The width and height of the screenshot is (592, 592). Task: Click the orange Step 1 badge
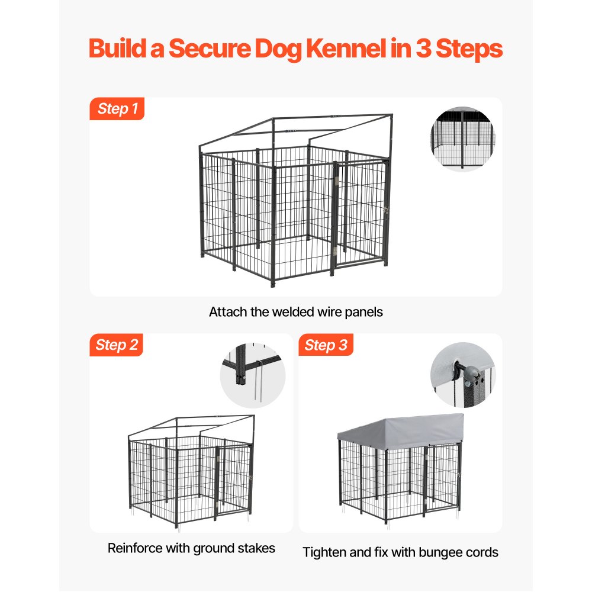[x=117, y=109]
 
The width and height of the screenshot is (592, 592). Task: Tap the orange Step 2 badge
[x=117, y=345]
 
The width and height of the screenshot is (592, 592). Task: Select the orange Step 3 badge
[x=326, y=345]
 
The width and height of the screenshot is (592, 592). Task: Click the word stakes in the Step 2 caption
[x=255, y=548]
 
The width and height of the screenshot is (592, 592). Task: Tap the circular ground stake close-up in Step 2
[x=252, y=377]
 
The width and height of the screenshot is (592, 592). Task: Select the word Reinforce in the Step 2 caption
[x=134, y=548]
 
